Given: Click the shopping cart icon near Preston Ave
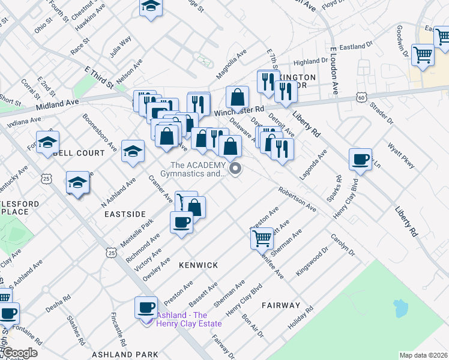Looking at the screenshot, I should (x=262, y=238).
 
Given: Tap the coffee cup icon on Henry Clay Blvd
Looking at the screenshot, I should (x=360, y=159).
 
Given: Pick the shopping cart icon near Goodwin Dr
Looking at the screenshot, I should (x=423, y=55).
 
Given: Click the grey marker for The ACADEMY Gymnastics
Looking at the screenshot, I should (x=236, y=170).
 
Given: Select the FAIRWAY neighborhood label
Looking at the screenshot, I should (x=280, y=305).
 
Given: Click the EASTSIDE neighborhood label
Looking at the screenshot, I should (x=125, y=214).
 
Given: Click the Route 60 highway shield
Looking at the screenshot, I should (x=360, y=97).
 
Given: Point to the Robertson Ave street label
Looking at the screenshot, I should (x=297, y=199).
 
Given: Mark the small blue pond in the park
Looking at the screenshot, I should (x=400, y=308).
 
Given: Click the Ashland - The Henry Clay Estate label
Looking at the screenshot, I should (x=188, y=319).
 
